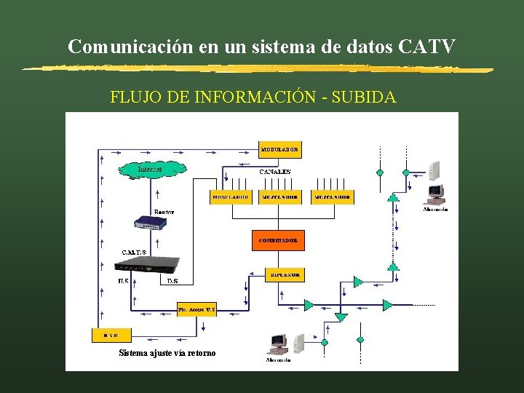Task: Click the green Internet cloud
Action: pos(151,170)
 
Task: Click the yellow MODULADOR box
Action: pos(279,149)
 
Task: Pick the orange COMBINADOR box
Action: pos(278,240)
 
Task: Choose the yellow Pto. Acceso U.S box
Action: pos(196,309)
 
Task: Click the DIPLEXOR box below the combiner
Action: pos(285,275)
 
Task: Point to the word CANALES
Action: pos(275,172)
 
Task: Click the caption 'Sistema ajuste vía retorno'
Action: pos(167,354)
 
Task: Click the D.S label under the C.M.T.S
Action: pos(172,281)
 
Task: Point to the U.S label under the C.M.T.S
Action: pos(123,281)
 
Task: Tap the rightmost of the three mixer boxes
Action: pos(333,197)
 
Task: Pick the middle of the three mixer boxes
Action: pos(279,197)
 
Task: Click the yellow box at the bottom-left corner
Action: pos(111,336)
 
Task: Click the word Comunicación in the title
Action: pos(130,47)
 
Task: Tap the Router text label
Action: pos(164,212)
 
